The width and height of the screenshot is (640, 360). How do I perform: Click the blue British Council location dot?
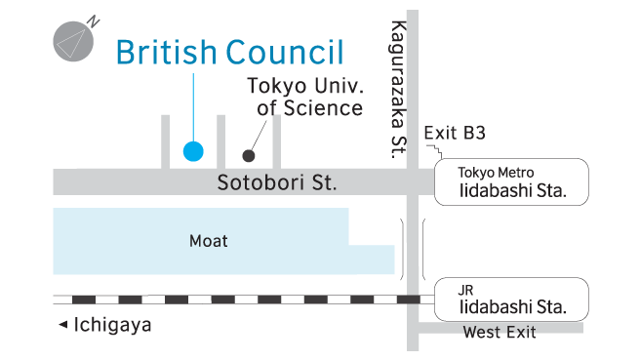(x=193, y=151)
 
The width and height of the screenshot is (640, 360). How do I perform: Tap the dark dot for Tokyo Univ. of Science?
(x=249, y=155)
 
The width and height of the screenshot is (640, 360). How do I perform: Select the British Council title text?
(x=230, y=52)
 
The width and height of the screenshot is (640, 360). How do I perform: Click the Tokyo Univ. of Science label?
(x=303, y=97)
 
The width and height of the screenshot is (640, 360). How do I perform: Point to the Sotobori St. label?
(x=276, y=182)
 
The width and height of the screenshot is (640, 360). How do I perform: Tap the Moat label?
(x=208, y=240)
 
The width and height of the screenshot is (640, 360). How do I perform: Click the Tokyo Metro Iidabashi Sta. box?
(x=512, y=182)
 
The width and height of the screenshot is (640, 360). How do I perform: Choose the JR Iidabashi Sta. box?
(x=512, y=299)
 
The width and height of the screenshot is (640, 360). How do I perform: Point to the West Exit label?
(x=500, y=333)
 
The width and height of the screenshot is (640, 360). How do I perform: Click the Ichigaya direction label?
(x=112, y=326)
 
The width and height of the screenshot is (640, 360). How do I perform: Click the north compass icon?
(x=71, y=42)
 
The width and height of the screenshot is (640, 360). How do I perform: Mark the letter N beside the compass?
(x=93, y=20)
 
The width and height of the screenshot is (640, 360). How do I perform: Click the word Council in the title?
(x=286, y=52)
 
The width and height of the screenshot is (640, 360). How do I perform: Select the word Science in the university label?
(x=323, y=108)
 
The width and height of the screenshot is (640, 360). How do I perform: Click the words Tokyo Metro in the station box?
(x=496, y=173)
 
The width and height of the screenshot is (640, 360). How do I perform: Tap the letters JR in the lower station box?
(x=467, y=290)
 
